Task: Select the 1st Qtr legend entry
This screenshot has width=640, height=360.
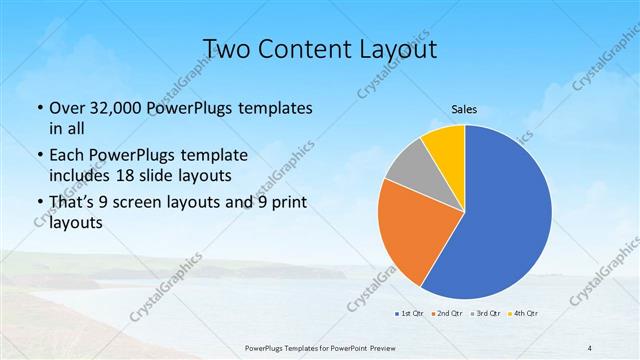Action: point(409,312)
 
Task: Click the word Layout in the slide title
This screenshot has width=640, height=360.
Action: point(395,49)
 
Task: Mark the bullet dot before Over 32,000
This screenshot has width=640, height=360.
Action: point(39,108)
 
